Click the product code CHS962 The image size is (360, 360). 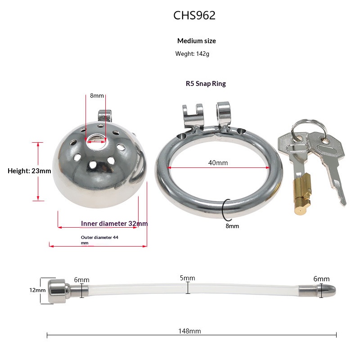(194, 15)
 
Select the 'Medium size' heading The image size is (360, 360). (197, 41)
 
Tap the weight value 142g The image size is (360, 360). (203, 54)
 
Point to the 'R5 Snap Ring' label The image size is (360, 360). (206, 84)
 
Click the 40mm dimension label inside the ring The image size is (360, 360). (218, 163)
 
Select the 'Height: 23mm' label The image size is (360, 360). (29, 171)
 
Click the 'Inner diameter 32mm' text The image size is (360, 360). (114, 223)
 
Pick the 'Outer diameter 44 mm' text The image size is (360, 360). (99, 240)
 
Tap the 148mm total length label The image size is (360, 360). (189, 331)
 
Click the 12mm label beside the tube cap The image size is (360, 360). (37, 290)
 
